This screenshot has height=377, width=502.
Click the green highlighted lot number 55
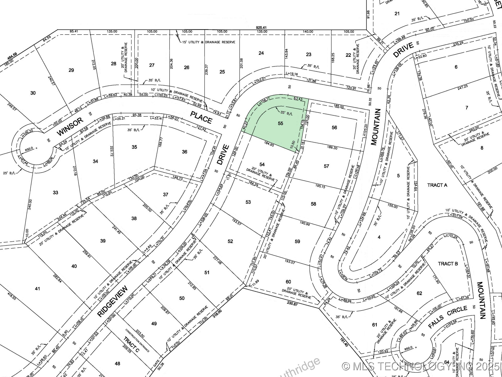pyautogui.click(x=280, y=123)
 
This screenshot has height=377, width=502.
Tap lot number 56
pyautogui.click(x=334, y=127)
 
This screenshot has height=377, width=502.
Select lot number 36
pyautogui.click(x=185, y=152)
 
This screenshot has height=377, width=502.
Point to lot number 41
pyautogui.click(x=37, y=289)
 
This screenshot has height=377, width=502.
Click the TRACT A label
pyautogui.click(x=437, y=185)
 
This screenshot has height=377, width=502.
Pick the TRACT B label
pyautogui.click(x=448, y=264)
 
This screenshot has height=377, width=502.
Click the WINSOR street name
pyautogui.click(x=70, y=127)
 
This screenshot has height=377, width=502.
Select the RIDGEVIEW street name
pyautogui.click(x=113, y=301)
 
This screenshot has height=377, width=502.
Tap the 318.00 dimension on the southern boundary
pyautogui.click(x=217, y=312)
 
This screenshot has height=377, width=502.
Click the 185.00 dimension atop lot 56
pyautogui.click(x=339, y=107)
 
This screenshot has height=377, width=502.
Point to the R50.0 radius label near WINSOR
pyautogui.click(x=29, y=148)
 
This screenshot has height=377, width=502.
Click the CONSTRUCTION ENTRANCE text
pyautogui.click(x=137, y=340)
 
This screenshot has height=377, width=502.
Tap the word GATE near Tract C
pyautogui.click(x=156, y=363)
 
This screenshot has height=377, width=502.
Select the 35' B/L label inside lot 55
pyautogui.click(x=286, y=114)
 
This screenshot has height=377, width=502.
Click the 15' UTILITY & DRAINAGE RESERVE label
pyautogui.click(x=208, y=42)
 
